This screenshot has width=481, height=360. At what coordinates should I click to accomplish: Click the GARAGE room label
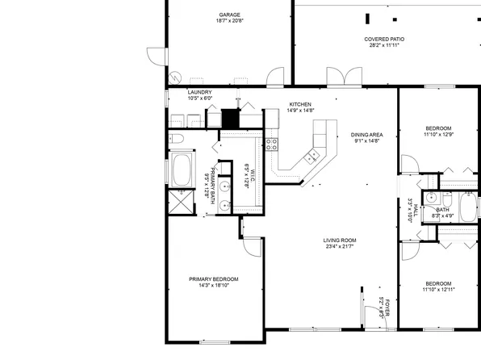pos(230,15)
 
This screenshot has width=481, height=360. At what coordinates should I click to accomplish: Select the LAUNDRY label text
pos(199,92)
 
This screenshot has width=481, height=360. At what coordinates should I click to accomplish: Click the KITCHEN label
pos(300,104)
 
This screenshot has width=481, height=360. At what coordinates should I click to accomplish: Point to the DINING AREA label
pos(366,134)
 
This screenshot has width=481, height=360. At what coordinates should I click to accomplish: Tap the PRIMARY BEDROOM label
pos(214,278)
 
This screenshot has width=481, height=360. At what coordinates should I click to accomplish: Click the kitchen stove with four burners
pos(271,145)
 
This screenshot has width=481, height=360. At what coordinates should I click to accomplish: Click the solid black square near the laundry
pos(232,119)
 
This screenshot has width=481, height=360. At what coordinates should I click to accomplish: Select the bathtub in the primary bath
pos(182,170)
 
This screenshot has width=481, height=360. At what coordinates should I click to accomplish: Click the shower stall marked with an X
pos(182,201)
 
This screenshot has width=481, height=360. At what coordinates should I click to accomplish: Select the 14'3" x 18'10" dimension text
pos(214,285)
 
